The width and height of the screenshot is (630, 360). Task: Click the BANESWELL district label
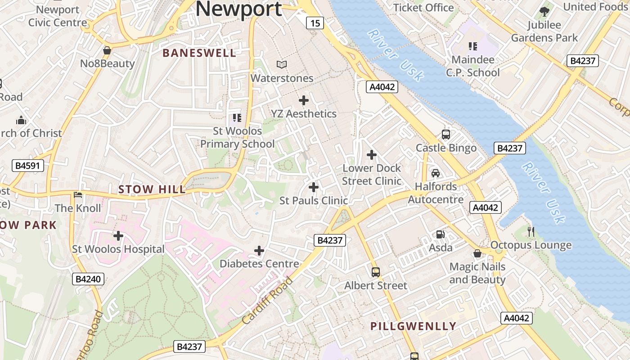pos(199,53)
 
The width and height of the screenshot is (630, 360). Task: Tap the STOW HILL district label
pos(152,189)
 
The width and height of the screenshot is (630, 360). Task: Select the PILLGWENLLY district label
pos(413,326)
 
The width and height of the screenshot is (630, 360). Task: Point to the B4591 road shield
pos(28,166)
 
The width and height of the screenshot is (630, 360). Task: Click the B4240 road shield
pos(88,279)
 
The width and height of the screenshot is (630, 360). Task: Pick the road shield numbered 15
pos(315,22)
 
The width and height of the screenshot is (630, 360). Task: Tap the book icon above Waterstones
pos(282,65)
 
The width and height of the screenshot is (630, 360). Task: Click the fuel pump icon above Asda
pos(440,234)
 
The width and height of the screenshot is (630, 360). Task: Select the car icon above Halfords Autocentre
pos(435,173)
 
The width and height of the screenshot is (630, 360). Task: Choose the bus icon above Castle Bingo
pos(446,134)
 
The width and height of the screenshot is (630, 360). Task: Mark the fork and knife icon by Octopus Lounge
pos(531,232)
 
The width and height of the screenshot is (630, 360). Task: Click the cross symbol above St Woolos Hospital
pos(118,235)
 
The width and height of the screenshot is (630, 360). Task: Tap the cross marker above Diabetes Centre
pos(259,250)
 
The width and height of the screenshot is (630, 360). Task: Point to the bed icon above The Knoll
pos(78,195)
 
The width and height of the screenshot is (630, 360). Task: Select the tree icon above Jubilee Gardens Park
pos(544,12)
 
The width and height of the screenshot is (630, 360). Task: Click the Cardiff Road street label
pos(267,301)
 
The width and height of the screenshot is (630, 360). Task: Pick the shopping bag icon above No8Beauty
pos(107,50)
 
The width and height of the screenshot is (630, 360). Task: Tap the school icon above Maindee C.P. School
pos(472,46)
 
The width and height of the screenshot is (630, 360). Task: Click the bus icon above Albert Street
pos(376,272)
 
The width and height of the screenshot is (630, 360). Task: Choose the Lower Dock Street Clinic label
pos(372,175)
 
